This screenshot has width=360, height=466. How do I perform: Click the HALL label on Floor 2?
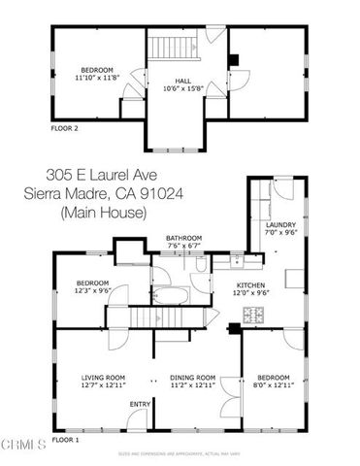click(x=183, y=82)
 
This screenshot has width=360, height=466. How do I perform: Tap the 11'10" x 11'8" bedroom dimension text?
click(x=97, y=77)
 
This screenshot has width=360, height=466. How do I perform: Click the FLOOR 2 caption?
click(x=64, y=127)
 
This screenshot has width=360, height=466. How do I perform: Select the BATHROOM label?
click(x=183, y=238)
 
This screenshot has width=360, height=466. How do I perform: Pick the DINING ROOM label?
click(x=192, y=377)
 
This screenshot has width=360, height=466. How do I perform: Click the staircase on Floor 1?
click(x=166, y=316)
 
